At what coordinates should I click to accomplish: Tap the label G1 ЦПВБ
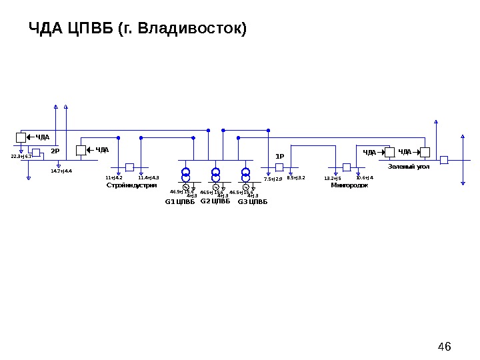point(180,201)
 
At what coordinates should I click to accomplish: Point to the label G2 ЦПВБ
point(215,201)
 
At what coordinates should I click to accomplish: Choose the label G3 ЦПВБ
point(252,201)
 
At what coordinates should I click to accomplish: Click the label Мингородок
point(349,185)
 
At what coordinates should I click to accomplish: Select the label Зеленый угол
point(409,166)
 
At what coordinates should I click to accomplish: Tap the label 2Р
point(55,151)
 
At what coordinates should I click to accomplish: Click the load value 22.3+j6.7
point(21,157)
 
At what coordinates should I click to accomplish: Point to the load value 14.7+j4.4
point(61,171)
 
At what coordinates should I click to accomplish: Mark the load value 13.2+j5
point(332,179)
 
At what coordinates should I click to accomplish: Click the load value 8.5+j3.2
point(296,178)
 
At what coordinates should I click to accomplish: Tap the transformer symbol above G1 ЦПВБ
point(186,175)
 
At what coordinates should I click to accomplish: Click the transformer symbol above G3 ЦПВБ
point(246,175)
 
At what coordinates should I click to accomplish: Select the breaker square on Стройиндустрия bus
point(130,167)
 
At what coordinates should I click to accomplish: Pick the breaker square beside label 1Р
point(280,167)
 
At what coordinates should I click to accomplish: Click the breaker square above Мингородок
point(346,167)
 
